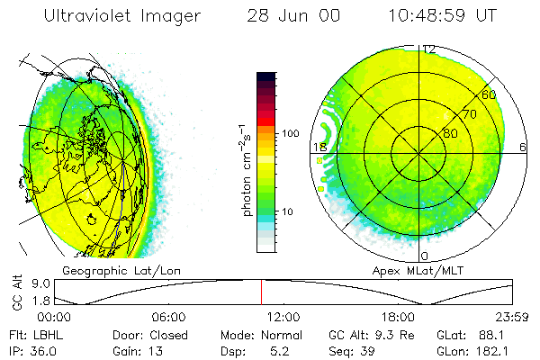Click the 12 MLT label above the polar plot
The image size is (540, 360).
[430, 49]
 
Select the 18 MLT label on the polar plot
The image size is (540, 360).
[319, 147]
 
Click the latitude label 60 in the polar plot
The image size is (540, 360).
[490, 94]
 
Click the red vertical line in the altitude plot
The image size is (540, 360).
[262, 292]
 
